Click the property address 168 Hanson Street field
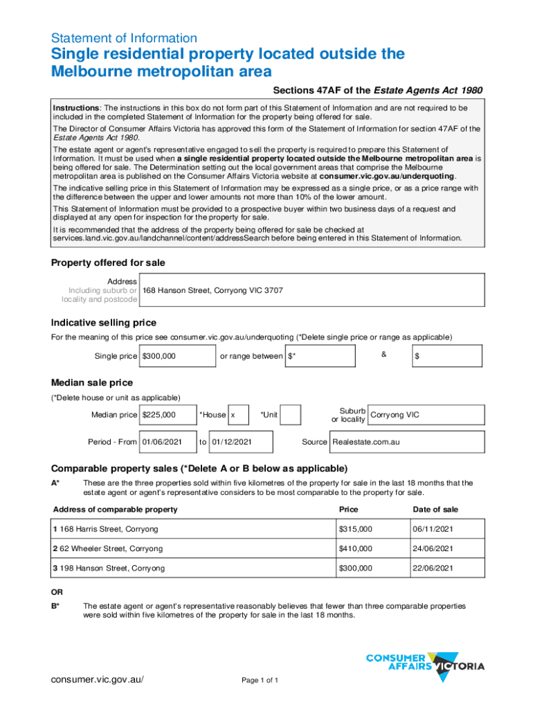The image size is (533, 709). (311, 290)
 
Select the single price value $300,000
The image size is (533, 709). (178, 356)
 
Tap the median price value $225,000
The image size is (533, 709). (168, 415)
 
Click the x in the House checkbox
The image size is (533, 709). (239, 415)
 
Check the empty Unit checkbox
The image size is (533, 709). (291, 415)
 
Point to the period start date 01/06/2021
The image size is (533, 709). (168, 441)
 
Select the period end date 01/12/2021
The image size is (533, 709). (240, 441)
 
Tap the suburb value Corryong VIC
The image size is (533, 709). (425, 415)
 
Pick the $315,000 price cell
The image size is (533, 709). (356, 529)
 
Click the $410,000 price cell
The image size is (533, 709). (356, 548)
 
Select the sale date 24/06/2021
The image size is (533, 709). (433, 548)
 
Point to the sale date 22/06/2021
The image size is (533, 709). (433, 568)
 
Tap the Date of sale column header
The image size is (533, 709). (435, 510)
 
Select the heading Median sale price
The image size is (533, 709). (92, 383)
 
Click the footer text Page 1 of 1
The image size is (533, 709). (260, 681)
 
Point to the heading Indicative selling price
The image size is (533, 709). (104, 323)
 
